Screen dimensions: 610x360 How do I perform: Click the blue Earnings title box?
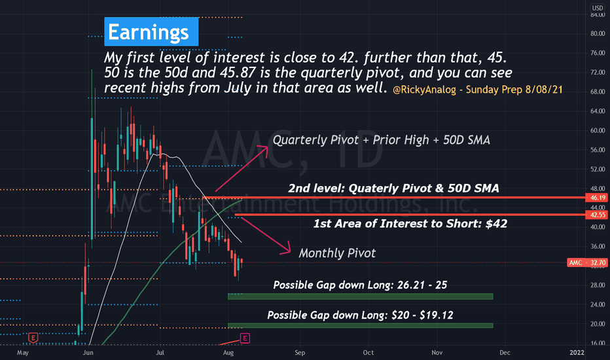[x=151, y=31]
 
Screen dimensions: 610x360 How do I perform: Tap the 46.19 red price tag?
[x=597, y=198]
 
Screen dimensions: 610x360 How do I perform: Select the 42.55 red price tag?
[x=597, y=215]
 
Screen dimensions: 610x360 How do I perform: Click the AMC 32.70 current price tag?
[x=587, y=262]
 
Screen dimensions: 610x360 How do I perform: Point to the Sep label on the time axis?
[x=300, y=353]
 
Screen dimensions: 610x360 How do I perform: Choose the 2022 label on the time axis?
[x=577, y=353]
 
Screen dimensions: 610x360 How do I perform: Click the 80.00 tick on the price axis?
[x=598, y=34]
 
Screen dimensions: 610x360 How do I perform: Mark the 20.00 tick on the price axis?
[x=598, y=324]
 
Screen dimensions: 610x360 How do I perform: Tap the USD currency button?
[x=598, y=8]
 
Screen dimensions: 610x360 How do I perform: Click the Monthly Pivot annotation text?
[x=337, y=253]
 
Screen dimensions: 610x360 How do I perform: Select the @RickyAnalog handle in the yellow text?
[x=424, y=90]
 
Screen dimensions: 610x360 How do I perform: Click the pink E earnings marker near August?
[x=245, y=338]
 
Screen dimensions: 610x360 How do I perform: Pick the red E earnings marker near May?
[x=33, y=338]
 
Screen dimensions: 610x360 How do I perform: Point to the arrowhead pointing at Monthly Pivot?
[x=287, y=249]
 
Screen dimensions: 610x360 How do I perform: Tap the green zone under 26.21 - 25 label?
[x=360, y=297]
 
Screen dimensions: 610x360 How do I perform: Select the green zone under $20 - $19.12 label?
[x=360, y=325]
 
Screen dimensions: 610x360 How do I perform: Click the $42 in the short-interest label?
[x=496, y=224]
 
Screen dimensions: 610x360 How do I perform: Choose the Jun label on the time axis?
[x=88, y=353]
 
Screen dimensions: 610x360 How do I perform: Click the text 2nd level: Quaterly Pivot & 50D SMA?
[x=393, y=189]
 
